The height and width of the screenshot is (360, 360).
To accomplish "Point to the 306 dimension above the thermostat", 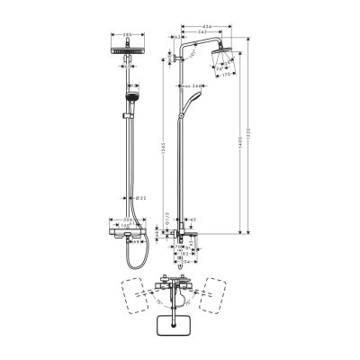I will (x=130, y=219).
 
